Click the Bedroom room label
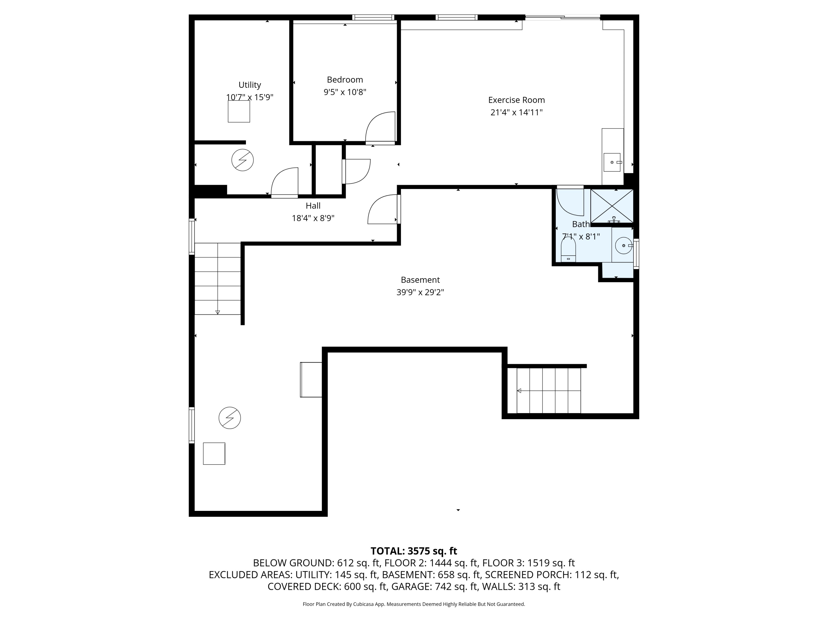(x=345, y=80)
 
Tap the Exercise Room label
(x=516, y=100)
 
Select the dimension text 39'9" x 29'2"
(x=420, y=292)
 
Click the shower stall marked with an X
(x=612, y=206)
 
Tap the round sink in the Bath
(x=623, y=246)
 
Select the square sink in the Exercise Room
(x=612, y=162)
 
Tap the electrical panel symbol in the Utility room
(x=243, y=160)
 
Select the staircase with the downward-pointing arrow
(x=217, y=279)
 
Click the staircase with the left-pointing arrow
(x=548, y=391)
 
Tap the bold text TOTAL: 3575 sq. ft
(x=414, y=551)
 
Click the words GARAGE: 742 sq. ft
(x=435, y=586)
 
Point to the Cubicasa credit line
(x=414, y=604)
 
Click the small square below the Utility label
(x=239, y=112)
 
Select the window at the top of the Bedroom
(x=373, y=17)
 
